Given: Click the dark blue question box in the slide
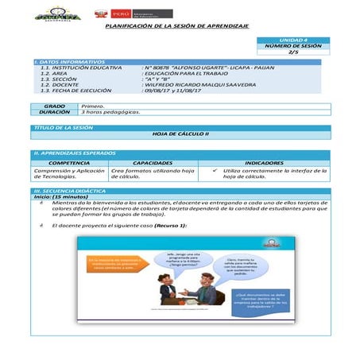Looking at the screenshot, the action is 254,300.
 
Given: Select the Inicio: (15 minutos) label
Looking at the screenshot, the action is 60,197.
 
